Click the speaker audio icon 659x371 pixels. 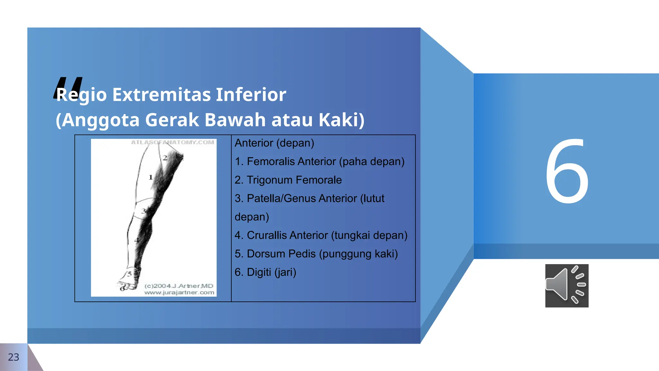coord(567,286)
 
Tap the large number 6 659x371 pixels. coord(567,171)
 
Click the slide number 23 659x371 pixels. coord(14,357)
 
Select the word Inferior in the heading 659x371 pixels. coord(251,95)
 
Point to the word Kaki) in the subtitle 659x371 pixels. coord(341,120)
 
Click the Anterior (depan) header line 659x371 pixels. coord(274,143)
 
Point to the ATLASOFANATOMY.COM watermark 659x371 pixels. coord(172,142)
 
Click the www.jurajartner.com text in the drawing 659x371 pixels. coord(179,292)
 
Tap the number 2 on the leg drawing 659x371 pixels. coord(165,158)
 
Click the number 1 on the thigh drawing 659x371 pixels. coord(150,177)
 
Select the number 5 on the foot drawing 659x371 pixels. coord(129,274)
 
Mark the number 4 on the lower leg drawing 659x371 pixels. coord(136,240)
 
